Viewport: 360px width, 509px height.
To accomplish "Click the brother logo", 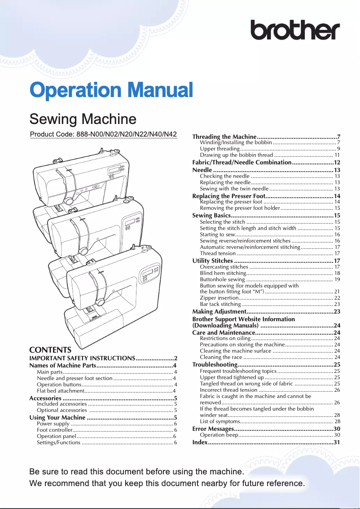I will (x=294, y=31).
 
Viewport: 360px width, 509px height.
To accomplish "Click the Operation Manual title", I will (x=111, y=90).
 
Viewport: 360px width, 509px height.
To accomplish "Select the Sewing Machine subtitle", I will (x=83, y=119).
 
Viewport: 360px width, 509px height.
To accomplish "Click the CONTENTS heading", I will (x=50, y=350).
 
